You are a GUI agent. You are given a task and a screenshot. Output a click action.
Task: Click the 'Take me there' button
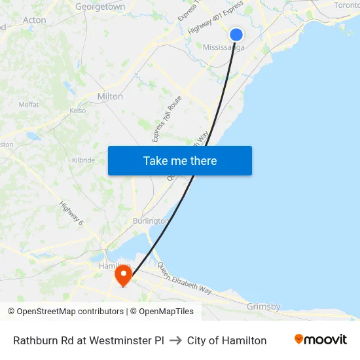point(180,161)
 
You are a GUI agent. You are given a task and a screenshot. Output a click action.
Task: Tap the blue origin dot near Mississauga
point(236,35)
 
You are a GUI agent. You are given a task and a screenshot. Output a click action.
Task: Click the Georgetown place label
point(100,7)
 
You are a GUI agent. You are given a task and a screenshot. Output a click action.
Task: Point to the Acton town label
point(35,20)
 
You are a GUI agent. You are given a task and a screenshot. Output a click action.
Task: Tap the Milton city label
point(110,96)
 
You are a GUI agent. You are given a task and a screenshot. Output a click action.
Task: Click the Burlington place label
point(151,221)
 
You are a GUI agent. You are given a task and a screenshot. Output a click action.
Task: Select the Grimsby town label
point(264,306)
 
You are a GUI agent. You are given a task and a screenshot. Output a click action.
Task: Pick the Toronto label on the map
point(346,5)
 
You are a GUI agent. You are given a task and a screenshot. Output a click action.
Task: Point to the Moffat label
point(29,105)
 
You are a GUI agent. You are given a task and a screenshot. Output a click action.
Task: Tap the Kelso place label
point(78,111)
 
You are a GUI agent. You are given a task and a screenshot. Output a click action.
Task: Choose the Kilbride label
point(84,160)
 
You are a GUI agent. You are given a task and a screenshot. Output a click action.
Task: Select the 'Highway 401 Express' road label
point(215,18)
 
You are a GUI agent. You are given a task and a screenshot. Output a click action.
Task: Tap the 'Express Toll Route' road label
point(167,118)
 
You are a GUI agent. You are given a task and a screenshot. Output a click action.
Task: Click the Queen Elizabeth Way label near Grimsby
point(185,279)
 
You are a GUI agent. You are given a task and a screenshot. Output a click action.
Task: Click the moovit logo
point(321,340)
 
